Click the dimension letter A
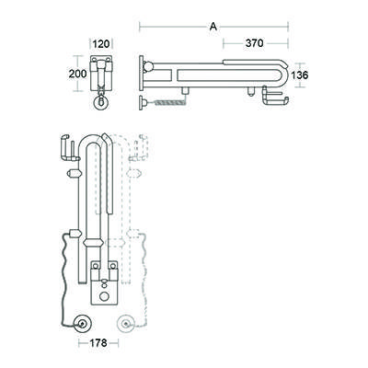point(213,27)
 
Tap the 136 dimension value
point(302,75)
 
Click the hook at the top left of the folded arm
point(63,148)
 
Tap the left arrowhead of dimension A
point(142,27)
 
